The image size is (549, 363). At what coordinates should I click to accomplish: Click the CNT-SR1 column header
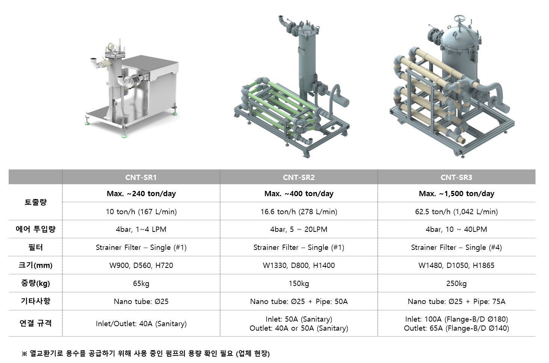click(x=141, y=177)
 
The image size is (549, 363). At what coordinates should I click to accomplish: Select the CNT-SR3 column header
click(x=456, y=177)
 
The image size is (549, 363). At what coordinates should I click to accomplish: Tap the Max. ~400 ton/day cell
click(x=299, y=194)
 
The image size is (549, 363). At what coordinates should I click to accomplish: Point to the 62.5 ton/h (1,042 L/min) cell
click(x=456, y=212)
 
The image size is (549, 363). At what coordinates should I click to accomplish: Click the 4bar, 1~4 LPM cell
click(x=141, y=230)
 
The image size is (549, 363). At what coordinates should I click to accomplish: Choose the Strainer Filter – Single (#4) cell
click(x=456, y=247)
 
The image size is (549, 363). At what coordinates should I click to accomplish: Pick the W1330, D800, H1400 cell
click(x=299, y=265)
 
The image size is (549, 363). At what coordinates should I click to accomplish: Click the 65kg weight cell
click(x=141, y=283)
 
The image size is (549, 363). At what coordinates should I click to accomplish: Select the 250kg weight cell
click(x=456, y=283)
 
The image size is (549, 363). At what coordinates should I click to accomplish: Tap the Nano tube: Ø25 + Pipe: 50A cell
click(x=299, y=301)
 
